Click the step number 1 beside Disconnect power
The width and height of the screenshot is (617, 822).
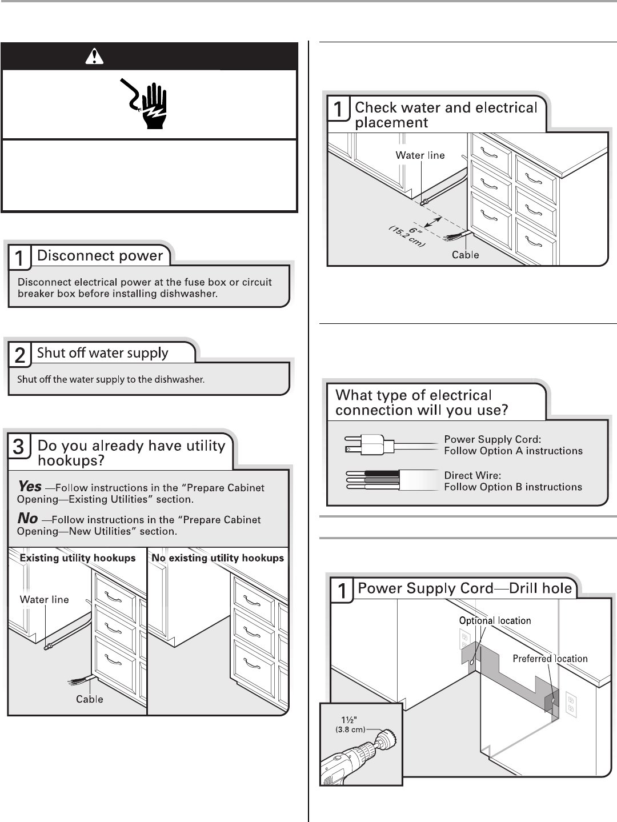tap(19, 258)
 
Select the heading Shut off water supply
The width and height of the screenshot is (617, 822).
tap(102, 353)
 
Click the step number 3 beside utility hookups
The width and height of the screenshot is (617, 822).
tap(19, 447)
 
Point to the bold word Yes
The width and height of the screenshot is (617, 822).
tap(30, 487)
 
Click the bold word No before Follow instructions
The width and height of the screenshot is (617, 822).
tap(28, 519)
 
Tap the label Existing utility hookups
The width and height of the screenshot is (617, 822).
tap(78, 558)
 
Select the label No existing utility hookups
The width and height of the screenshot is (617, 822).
tap(218, 558)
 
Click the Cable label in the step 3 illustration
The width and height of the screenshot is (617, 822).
tap(90, 699)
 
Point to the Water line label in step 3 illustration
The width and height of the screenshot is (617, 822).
tap(45, 599)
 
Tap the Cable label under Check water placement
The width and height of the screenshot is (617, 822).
tap(465, 255)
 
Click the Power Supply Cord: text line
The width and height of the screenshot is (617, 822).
tap(492, 439)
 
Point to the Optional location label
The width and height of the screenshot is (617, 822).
tap(495, 620)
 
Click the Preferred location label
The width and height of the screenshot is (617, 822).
tap(550, 659)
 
